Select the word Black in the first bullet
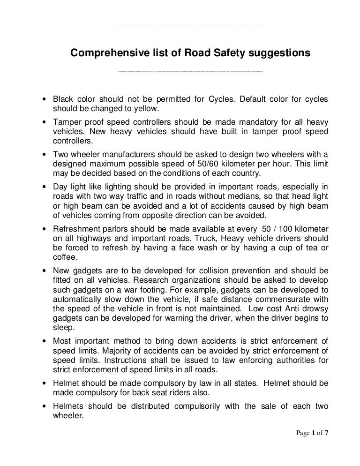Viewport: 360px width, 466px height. click(x=63, y=99)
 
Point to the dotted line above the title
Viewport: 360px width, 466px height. click(x=191, y=26)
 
